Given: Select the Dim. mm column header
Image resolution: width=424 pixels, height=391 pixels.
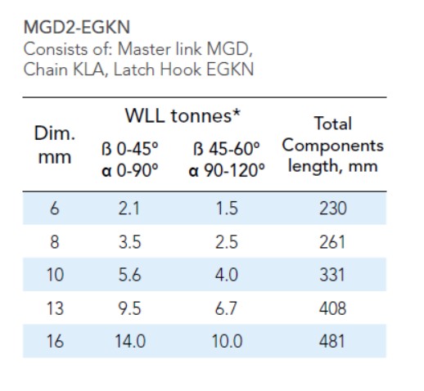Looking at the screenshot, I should [54, 145].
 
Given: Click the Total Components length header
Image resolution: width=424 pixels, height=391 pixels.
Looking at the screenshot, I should [332, 145].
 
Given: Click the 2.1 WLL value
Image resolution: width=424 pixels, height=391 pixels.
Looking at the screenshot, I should [129, 209].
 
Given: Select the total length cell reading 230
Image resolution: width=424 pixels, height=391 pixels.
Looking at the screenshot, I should [332, 209].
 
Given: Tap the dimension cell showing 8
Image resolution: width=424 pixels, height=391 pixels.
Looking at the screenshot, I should [54, 242].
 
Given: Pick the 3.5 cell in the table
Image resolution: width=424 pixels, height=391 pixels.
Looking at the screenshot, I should [129, 242].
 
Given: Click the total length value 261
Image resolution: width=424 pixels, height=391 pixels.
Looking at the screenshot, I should [332, 242].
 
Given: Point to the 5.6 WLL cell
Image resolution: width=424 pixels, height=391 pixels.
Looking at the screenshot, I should [129, 275].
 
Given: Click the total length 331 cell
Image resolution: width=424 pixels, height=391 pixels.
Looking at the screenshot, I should [332, 275].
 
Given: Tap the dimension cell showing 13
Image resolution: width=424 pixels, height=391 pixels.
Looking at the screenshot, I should [54, 308].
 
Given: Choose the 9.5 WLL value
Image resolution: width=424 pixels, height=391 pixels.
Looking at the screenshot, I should [129, 308].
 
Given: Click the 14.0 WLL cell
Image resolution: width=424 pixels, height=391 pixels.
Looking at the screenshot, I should [129, 341].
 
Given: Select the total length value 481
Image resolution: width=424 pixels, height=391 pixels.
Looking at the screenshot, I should [332, 341].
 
